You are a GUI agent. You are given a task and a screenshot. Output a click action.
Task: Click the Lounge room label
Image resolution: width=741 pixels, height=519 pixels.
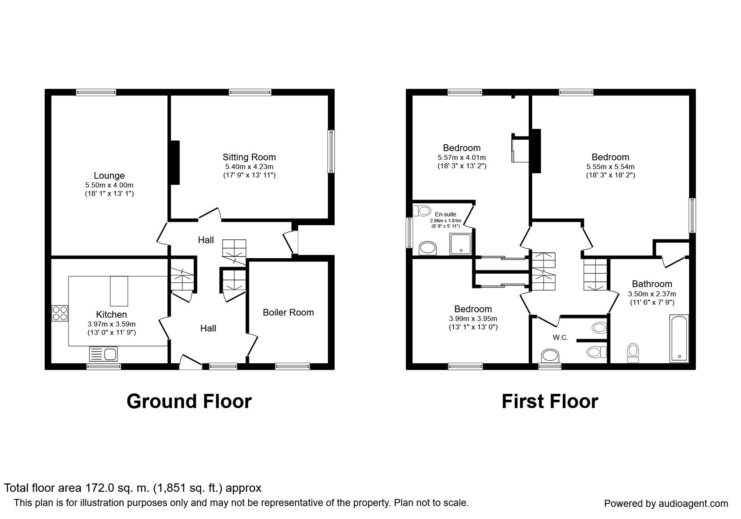coord(109,176)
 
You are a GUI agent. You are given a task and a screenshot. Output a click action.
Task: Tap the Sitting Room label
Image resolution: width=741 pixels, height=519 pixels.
coord(249,157)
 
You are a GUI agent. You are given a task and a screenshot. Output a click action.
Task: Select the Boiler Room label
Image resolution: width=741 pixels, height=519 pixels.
coord(288,312)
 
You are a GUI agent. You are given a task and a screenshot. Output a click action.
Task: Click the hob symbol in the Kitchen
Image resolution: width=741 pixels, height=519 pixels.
coord(60,313)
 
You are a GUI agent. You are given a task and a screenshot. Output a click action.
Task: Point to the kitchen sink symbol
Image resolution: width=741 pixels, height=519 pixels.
coord(103,354)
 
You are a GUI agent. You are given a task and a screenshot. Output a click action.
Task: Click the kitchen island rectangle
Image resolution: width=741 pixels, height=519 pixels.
coord(119,291)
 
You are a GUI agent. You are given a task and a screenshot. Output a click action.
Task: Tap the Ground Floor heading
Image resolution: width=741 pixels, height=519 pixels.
coord(189,401)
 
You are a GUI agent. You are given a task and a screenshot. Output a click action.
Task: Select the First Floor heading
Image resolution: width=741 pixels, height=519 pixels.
coord(550,401)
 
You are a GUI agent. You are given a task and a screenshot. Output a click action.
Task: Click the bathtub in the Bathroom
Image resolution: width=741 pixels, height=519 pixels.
coord(679,338)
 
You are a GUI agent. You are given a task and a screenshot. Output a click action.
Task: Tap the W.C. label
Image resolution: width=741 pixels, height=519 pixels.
coord(561,337)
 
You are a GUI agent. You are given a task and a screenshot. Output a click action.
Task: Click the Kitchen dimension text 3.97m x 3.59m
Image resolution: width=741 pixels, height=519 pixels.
coord(112,324)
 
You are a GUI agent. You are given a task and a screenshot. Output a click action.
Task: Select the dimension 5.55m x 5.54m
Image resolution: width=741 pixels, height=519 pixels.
coord(610,167)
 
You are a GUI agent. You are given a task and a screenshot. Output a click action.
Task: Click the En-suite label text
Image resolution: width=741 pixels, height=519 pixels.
coord(446,214)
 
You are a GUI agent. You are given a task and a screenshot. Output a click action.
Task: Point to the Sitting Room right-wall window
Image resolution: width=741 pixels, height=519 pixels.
coord(331,151)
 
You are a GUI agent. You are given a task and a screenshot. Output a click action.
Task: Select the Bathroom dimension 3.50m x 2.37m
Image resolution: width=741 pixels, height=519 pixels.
coord(652,294)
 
